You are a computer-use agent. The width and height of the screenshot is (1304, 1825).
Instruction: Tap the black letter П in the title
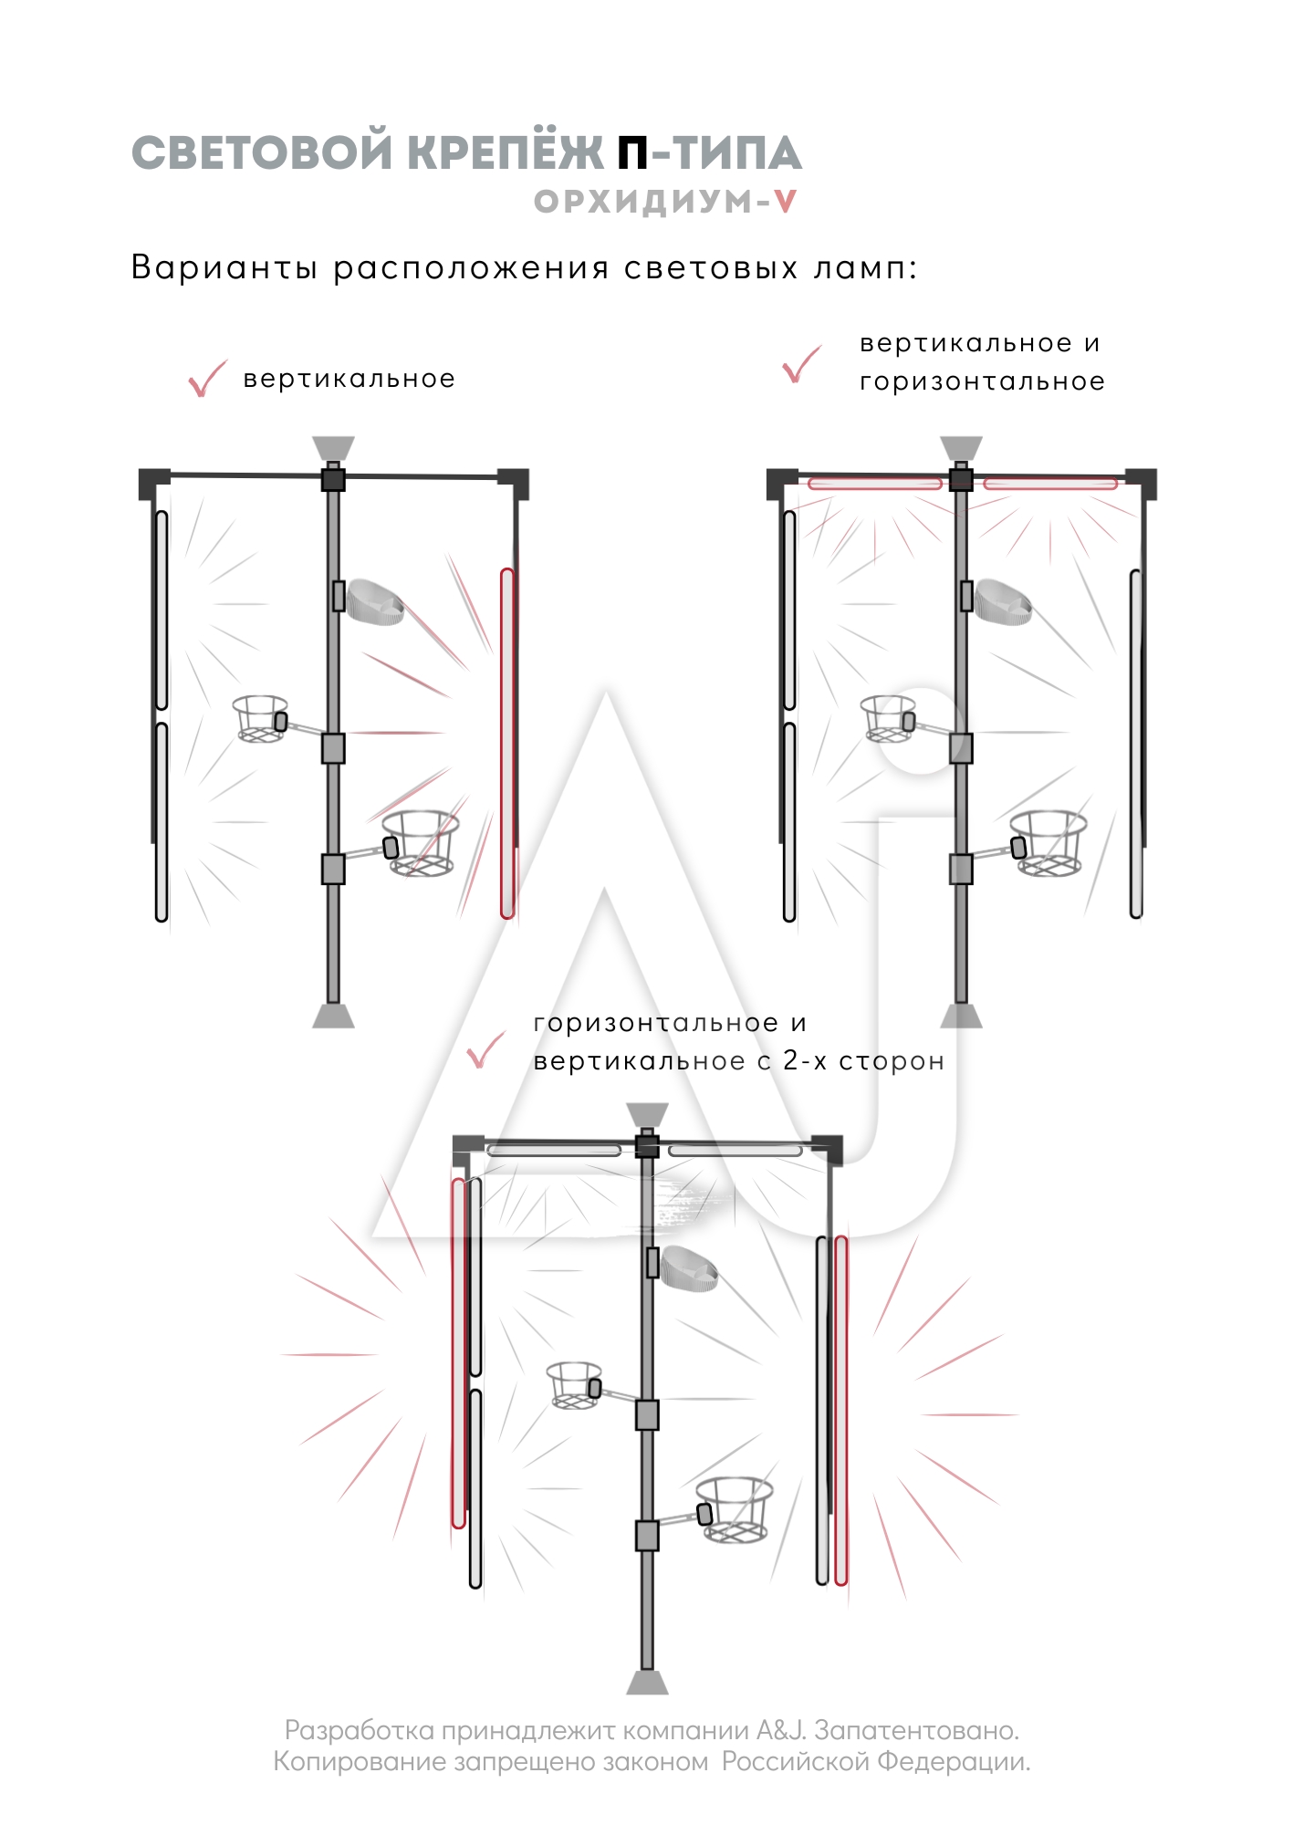coord(632,153)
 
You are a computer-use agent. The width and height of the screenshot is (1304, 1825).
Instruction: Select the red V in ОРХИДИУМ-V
coord(785,202)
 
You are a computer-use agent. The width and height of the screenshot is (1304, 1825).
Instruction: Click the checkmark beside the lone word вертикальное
coord(207,379)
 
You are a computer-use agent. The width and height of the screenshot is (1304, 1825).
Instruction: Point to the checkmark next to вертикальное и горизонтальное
coord(801,364)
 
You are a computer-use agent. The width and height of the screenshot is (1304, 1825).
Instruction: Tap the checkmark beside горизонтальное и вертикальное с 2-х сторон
coord(485,1050)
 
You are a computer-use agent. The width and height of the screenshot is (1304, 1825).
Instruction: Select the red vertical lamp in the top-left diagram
coord(507,743)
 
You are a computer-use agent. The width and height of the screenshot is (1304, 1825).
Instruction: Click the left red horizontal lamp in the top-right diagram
coord(875,484)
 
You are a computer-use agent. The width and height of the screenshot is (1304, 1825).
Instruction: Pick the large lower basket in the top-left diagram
coord(421,843)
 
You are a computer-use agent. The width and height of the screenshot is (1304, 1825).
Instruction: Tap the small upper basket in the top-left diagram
coord(260,719)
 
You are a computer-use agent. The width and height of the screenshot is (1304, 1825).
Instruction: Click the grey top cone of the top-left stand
coord(333,449)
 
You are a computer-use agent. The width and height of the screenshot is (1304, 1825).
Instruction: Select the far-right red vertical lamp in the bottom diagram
coord(841,1410)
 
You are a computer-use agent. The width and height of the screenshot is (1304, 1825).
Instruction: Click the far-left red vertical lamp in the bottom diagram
coord(458,1352)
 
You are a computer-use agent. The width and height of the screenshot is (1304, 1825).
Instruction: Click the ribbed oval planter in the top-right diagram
coord(1003,601)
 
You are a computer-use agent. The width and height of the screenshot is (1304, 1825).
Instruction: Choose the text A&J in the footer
coord(781,1730)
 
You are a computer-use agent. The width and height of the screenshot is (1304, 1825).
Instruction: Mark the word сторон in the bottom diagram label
coord(892,1061)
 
